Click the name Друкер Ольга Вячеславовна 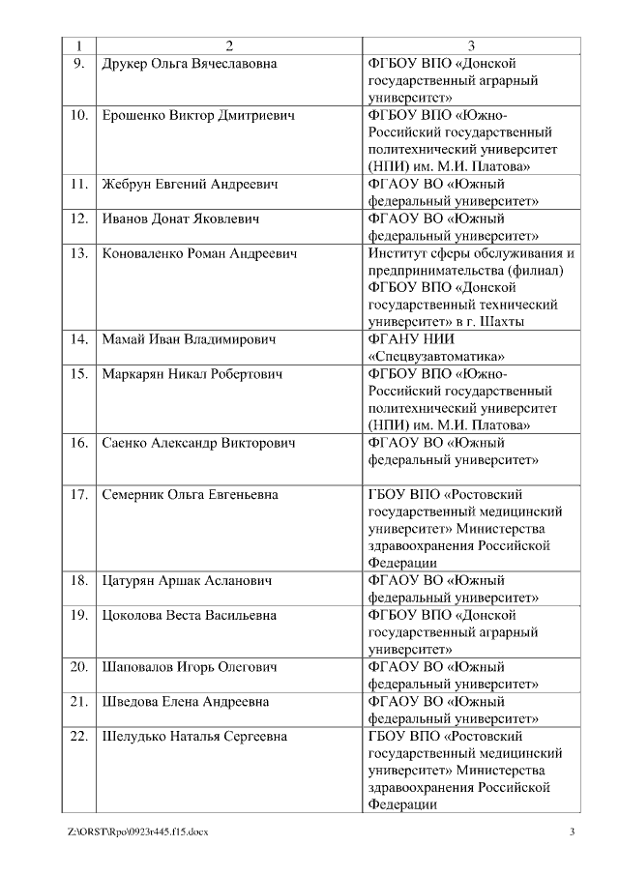[190, 64]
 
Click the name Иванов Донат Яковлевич [181, 219]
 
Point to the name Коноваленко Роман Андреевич [199, 253]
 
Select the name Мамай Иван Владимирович [189, 339]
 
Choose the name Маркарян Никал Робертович [192, 374]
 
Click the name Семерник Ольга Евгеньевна [190, 494]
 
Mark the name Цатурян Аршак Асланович [187, 581]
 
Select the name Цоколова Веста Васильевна [189, 615]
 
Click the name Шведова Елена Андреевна [186, 701]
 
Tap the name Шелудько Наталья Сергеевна [194, 736]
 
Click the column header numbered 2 [229, 45]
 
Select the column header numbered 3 [471, 45]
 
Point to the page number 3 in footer [572, 831]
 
